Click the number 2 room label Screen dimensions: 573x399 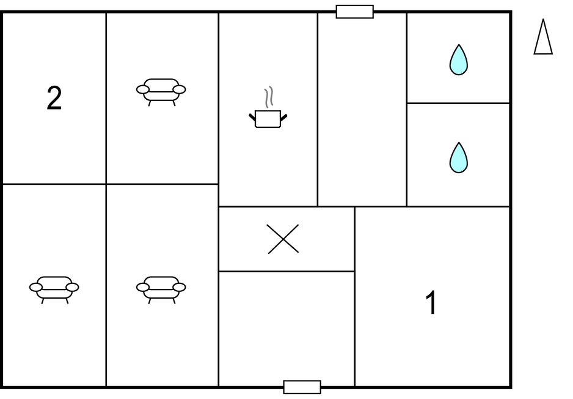[54, 98]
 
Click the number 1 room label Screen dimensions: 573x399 [431, 302]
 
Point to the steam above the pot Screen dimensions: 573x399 [269, 97]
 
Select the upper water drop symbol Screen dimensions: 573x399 [458, 60]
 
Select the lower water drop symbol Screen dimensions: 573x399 [458, 158]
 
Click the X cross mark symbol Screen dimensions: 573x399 [283, 239]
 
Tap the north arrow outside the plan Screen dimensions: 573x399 [543, 37]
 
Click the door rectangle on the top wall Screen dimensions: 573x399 [354, 12]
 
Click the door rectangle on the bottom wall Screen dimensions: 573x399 [302, 387]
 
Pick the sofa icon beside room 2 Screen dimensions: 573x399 [161, 92]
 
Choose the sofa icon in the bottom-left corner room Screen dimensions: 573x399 [54, 290]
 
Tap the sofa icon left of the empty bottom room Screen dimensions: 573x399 [161, 290]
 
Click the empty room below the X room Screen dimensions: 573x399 [286, 329]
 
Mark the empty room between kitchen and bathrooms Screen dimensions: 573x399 [362, 110]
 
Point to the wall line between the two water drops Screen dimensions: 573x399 [458, 103]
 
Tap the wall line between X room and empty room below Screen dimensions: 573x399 [286, 271]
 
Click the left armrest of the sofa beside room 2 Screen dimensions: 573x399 [142, 89]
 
